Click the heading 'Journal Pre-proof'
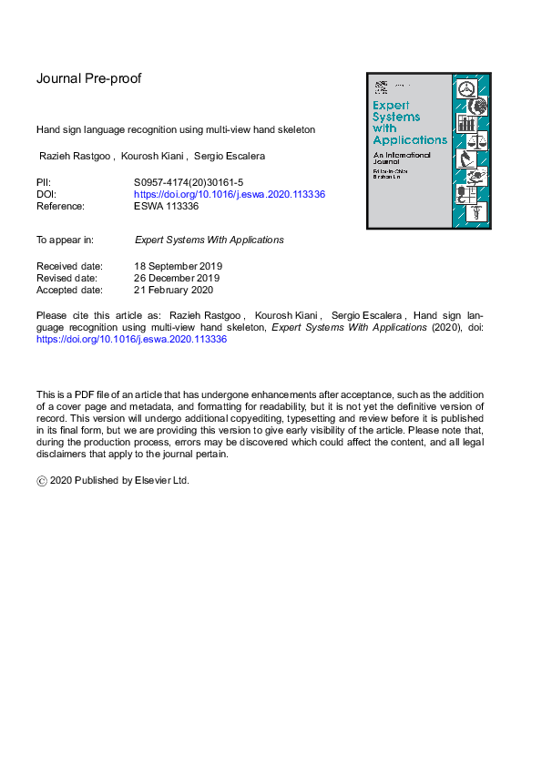pyautogui.click(x=88, y=78)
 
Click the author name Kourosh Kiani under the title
pyautogui.click(x=150, y=157)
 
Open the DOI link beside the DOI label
pyautogui.click(x=230, y=195)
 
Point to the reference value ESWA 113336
pyautogui.click(x=166, y=207)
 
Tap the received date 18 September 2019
pyautogui.click(x=179, y=266)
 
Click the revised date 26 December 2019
pyautogui.click(x=177, y=278)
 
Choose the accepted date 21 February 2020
pyautogui.click(x=173, y=290)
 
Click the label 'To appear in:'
pyautogui.click(x=65, y=240)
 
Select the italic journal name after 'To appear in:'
pyautogui.click(x=209, y=240)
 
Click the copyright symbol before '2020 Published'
pyautogui.click(x=41, y=481)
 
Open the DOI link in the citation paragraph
pyautogui.click(x=131, y=339)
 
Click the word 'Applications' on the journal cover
pyautogui.click(x=410, y=140)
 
